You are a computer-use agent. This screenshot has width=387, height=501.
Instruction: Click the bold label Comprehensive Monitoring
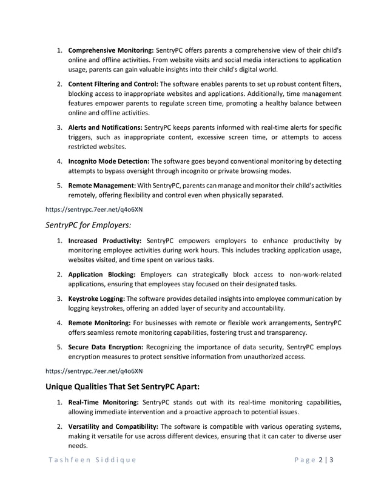(x=111, y=49)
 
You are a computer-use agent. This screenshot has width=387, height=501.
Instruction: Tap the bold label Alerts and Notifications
(x=105, y=127)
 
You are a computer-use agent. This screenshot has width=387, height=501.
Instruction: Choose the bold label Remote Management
(x=101, y=184)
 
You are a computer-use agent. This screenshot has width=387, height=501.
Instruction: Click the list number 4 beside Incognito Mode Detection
(x=59, y=162)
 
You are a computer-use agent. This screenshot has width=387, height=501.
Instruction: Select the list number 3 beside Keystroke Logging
(x=59, y=299)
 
